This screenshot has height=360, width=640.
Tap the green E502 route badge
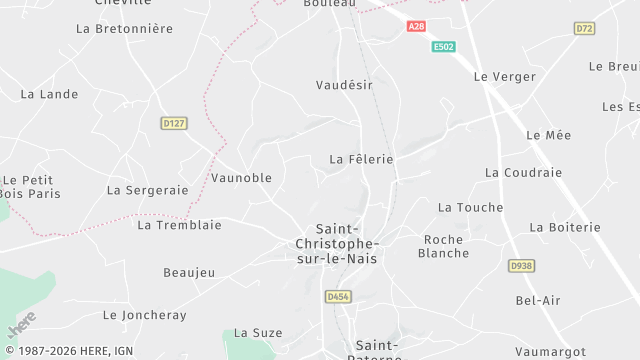click(x=444, y=47)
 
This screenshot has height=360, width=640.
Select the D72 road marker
click(x=585, y=28)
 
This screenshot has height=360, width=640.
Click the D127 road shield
click(x=174, y=123)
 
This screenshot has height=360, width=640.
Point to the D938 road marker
click(x=520, y=266)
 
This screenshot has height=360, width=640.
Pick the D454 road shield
click(x=336, y=297)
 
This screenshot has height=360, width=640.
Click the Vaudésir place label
click(x=344, y=86)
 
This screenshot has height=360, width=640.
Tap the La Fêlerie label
click(x=361, y=159)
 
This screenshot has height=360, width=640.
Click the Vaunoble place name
click(x=242, y=177)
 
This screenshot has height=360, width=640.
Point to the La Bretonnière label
click(x=124, y=29)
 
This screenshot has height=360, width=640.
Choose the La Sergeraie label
click(x=147, y=189)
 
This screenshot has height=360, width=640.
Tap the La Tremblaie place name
click(x=179, y=225)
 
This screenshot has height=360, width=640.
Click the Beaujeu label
click(x=189, y=272)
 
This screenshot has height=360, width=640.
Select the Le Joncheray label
click(x=144, y=314)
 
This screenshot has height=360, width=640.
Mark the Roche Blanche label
click(x=445, y=246)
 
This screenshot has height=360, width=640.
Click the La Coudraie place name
click(x=523, y=172)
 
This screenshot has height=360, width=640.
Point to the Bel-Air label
click(x=538, y=300)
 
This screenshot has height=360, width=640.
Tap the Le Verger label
click(x=499, y=76)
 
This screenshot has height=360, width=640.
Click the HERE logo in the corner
click(x=20, y=327)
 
